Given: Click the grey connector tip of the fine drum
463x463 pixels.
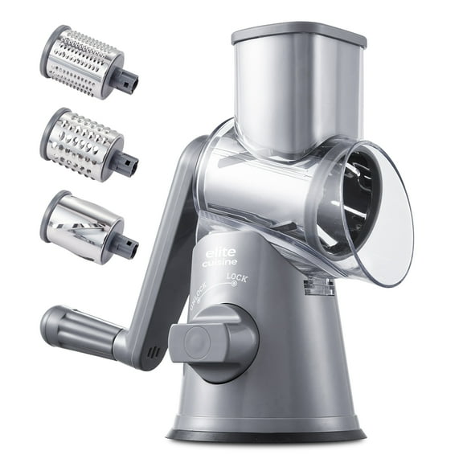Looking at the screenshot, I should click(x=128, y=80).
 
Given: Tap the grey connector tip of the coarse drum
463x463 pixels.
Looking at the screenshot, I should click(x=128, y=164).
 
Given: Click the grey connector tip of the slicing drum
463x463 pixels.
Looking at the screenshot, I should click(x=127, y=246).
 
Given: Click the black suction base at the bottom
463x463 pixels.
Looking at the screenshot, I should click(x=265, y=435).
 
